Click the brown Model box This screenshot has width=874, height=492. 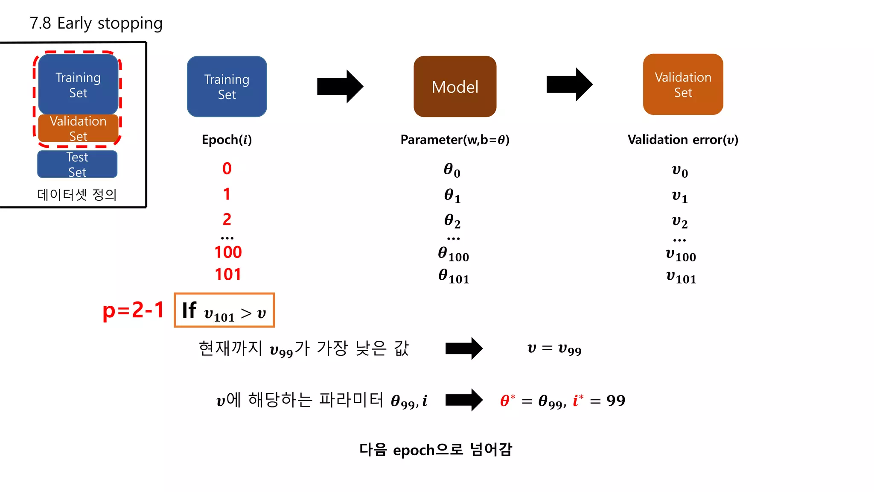tap(455, 86)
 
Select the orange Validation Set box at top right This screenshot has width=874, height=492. tap(683, 84)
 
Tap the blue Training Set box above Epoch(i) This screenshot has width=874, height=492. tap(227, 86)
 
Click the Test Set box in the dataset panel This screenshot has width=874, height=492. tap(77, 164)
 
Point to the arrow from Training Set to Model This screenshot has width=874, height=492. tap(340, 86)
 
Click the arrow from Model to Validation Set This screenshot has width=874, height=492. tap(569, 84)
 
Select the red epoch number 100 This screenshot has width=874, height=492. tap(228, 252)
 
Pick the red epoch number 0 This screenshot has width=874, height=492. tap(227, 169)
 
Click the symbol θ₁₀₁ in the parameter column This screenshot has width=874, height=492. tap(454, 276)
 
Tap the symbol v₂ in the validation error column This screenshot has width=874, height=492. tap(679, 221)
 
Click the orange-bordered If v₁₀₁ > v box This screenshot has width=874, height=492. tap(224, 310)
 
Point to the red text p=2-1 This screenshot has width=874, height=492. tap(133, 310)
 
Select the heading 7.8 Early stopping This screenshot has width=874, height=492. tap(96, 23)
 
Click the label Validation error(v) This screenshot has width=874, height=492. tap(683, 140)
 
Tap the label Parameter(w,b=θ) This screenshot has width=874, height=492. tap(455, 140)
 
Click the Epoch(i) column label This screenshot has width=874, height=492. tap(227, 140)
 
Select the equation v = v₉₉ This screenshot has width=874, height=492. tap(554, 349)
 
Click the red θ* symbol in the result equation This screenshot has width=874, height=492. tap(507, 400)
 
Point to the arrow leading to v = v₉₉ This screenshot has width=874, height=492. tap(464, 348)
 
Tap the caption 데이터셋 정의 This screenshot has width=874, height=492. tap(77, 194)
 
